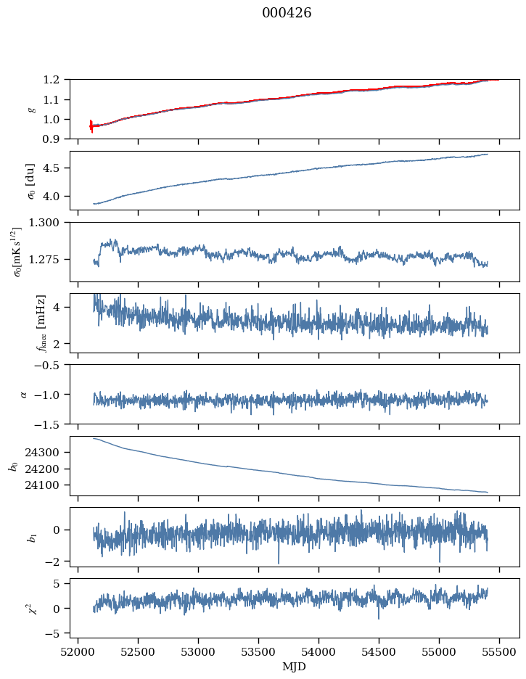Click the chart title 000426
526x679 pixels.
287,13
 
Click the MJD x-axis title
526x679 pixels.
295,666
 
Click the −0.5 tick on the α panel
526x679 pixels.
52,365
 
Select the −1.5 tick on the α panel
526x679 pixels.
52,424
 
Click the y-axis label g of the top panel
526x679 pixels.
30,109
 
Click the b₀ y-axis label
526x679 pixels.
13,466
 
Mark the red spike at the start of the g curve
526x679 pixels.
91,126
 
